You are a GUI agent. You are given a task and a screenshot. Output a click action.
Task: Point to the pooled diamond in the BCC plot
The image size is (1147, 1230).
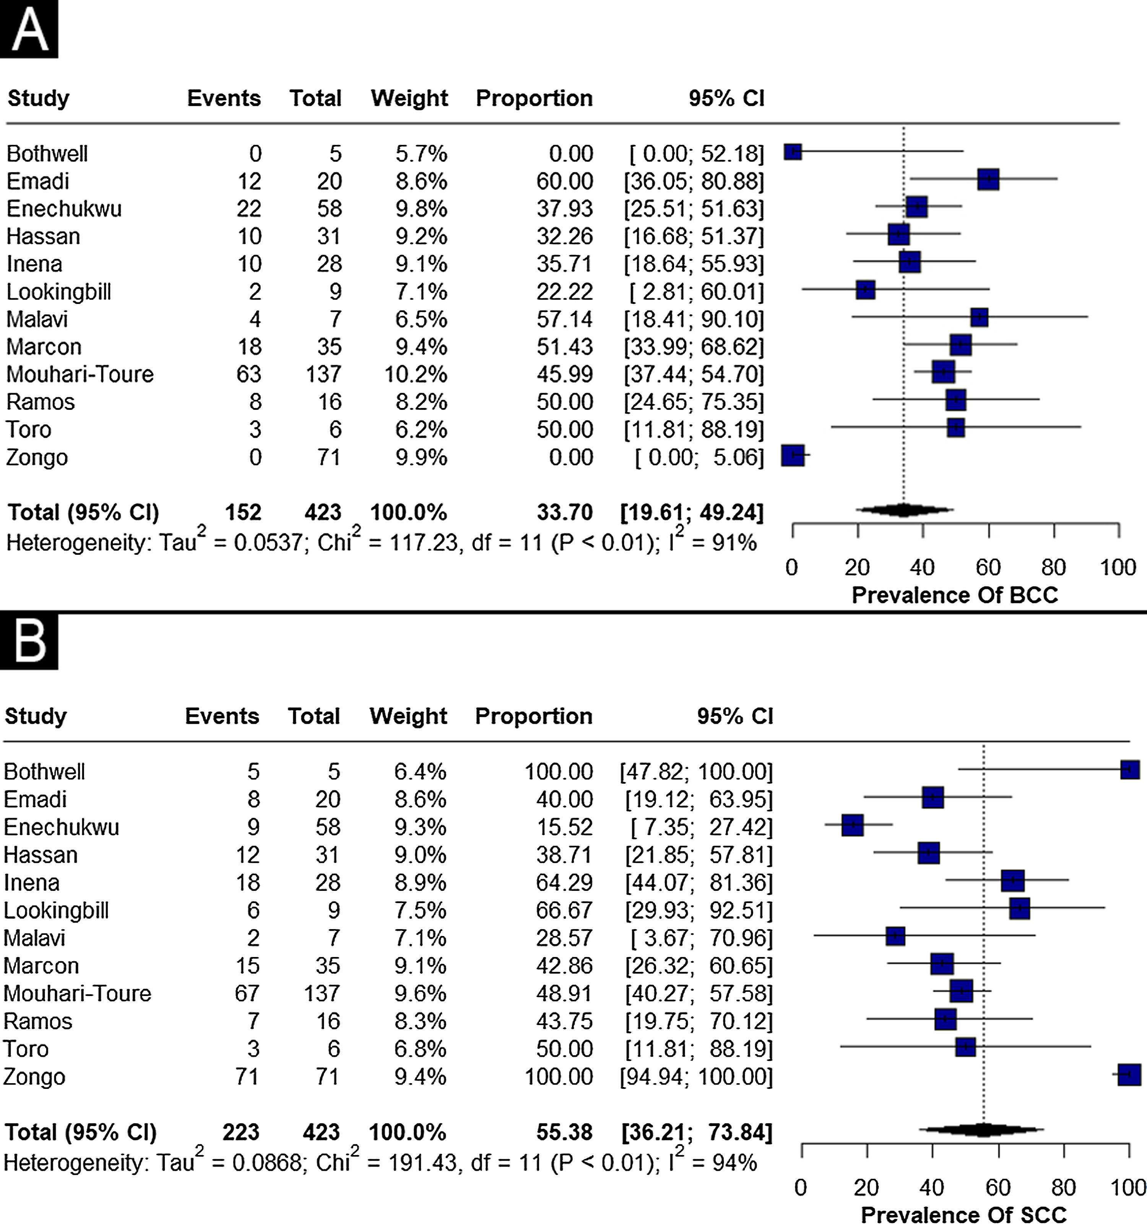point(904,510)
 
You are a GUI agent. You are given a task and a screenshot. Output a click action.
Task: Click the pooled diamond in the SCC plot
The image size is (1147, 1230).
point(983,1130)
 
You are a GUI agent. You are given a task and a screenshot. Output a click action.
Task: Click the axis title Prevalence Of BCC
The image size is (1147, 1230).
point(955,595)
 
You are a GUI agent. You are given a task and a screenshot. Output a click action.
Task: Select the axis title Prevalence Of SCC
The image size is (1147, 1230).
point(964,1215)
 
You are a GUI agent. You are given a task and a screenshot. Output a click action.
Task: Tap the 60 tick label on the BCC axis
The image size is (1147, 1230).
point(988,567)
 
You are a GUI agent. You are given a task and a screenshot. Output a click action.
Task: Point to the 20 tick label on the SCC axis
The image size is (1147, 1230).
point(866,1187)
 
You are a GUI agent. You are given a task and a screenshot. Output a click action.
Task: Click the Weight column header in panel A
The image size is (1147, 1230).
point(409,98)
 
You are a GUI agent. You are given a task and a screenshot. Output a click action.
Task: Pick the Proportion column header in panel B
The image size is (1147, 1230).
point(534,716)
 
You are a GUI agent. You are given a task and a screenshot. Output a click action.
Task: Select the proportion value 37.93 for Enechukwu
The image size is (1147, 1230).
point(565,208)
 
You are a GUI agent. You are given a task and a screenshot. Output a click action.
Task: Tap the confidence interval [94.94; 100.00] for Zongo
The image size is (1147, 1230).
point(696,1077)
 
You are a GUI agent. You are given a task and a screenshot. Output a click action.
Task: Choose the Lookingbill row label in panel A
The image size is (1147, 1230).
point(59,291)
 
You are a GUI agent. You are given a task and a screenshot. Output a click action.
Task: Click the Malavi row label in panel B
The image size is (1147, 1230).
point(35,938)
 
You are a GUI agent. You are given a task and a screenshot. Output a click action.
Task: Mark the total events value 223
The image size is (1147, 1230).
point(240,1132)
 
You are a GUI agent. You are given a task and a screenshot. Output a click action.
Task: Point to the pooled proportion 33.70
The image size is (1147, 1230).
point(565,512)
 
